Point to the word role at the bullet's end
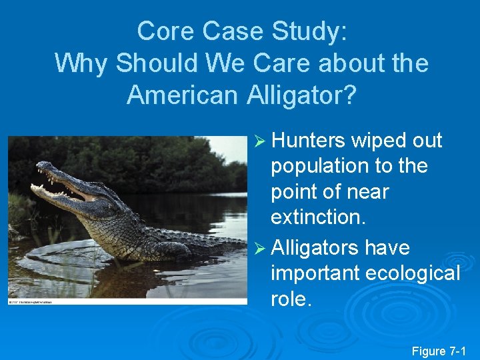pyautogui.click(x=290, y=300)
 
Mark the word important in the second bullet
pyautogui.click(x=316, y=273)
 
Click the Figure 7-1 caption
pyautogui.click(x=439, y=351)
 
